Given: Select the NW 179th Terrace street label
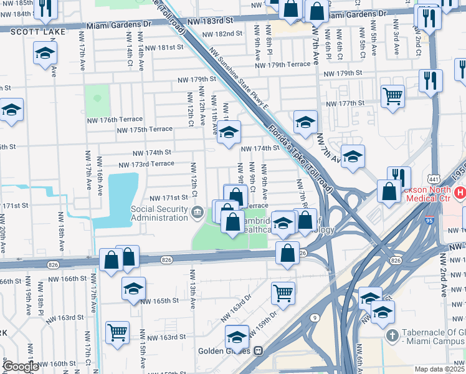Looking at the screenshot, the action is pos(282,64).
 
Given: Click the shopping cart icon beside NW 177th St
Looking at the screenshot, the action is pos(392,96).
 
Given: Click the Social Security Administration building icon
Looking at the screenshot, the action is pos(197,213).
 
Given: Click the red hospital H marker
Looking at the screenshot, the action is pos(460,193).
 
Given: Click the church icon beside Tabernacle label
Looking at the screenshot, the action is pos(392,336).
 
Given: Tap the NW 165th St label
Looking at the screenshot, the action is pos(159,300).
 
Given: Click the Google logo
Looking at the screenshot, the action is pos(20,367).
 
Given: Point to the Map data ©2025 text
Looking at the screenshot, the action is pos(440,369).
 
